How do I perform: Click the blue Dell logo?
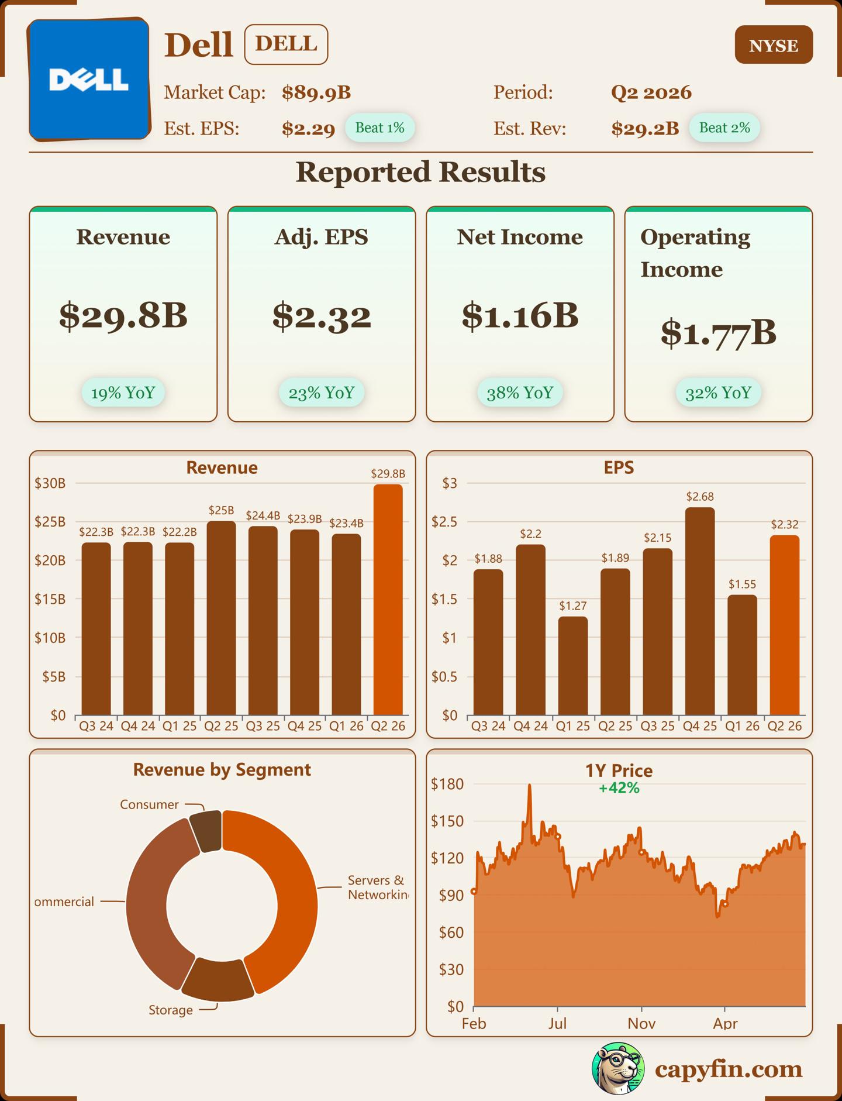(89, 80)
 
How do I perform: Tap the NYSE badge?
(773, 45)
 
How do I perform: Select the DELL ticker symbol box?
(286, 44)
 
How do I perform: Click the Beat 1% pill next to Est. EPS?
(379, 128)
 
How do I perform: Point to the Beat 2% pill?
(724, 128)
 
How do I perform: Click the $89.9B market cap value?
(316, 92)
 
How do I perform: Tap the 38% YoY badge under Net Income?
(520, 393)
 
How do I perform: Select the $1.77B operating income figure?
(718, 333)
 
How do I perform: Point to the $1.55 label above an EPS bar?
(742, 584)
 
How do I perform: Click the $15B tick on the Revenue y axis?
(50, 599)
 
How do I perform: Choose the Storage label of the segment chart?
(170, 1010)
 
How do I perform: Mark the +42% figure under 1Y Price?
(619, 788)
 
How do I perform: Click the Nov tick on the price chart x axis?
(641, 1023)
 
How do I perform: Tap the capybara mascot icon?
(617, 1068)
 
